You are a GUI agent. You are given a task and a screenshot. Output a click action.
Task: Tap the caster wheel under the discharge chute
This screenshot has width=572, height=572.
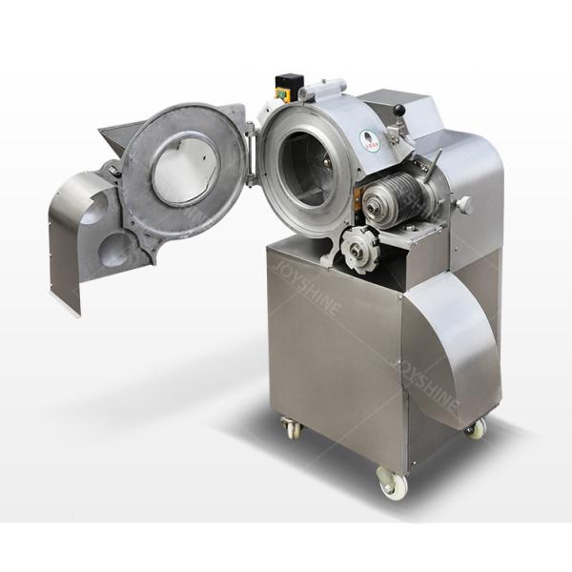[x=475, y=428]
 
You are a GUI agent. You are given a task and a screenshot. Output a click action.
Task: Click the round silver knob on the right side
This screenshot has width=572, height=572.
[x=464, y=205]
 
